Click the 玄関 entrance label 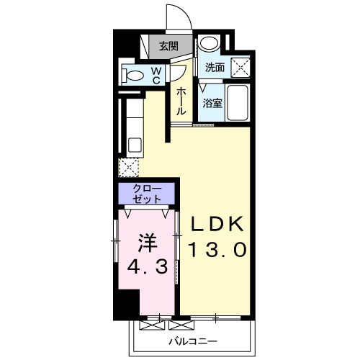click(x=169, y=46)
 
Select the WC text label click(x=156, y=75)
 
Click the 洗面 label click(x=215, y=68)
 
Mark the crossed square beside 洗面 click(x=240, y=68)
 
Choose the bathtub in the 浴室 click(x=238, y=103)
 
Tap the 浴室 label click(x=212, y=103)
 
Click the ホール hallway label click(x=181, y=102)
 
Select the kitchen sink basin click(x=135, y=145)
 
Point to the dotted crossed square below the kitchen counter click(x=128, y=167)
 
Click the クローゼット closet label click(x=147, y=194)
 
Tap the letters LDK click(x=217, y=224)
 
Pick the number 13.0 click(x=217, y=250)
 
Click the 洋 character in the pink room click(x=148, y=243)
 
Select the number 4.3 click(x=147, y=267)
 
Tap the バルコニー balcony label click(x=193, y=341)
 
